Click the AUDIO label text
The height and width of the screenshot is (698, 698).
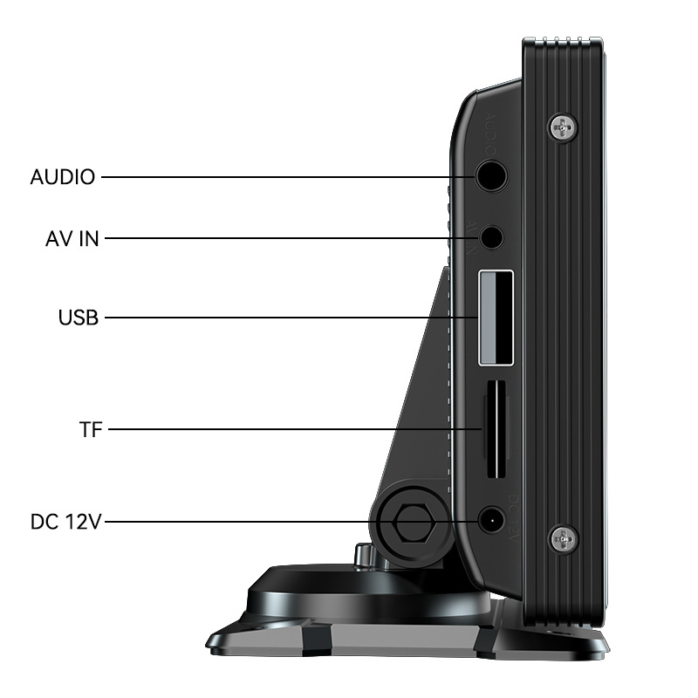62,177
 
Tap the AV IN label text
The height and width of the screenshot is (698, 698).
72,238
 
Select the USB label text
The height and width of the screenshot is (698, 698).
79,318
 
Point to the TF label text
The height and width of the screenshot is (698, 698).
91,429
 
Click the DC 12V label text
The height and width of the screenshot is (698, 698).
66,523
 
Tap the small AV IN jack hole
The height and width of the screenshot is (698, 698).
492,236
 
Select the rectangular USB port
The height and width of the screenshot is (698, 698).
495,318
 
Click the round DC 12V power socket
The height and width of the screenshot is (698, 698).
491,522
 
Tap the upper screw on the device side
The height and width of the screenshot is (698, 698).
564,128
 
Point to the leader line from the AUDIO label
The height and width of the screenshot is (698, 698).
288,177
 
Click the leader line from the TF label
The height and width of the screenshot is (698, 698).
297,429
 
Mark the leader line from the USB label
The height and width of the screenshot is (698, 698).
288,318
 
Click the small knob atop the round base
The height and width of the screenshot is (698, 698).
363,555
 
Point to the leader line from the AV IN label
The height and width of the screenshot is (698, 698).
288,238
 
